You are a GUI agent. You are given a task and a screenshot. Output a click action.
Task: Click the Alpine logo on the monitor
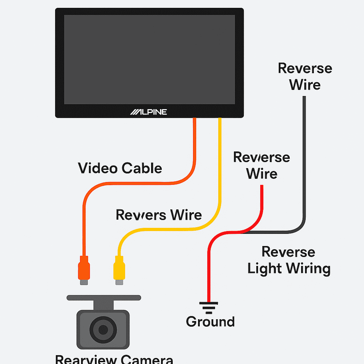pos(149,112)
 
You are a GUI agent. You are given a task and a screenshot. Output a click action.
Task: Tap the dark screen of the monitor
pos(149,59)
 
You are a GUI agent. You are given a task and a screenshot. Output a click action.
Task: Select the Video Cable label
pos(120,168)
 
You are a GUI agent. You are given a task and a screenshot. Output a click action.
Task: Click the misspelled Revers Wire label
pos(159,215)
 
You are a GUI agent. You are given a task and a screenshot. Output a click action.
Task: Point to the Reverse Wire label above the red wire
pos(261,166)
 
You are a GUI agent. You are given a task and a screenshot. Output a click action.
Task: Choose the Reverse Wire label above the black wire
pos(305,76)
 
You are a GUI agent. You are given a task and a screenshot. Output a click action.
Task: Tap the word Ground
pos(210,322)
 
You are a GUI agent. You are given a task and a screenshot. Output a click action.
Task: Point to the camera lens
pos(103,329)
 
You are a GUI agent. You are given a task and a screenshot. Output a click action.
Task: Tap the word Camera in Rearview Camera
pos(146,359)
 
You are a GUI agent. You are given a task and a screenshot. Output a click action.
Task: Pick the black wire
pos(304,160)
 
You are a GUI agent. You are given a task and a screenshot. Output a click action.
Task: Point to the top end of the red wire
pos(262,187)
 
